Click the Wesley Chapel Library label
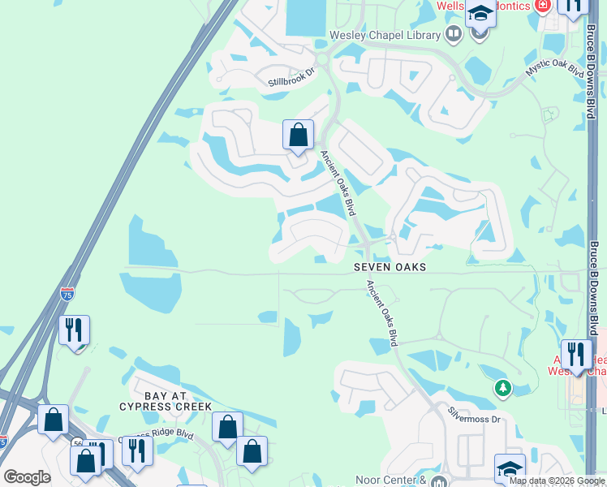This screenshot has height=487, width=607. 385,34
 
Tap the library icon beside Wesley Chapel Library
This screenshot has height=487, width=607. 453,34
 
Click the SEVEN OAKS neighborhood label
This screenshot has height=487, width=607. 390,266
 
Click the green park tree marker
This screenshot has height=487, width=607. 503,388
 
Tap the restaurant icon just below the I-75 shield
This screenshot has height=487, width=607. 74,330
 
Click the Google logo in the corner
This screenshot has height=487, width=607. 27,477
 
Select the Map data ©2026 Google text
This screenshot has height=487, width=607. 557,481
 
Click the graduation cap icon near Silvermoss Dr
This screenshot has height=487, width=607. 510,468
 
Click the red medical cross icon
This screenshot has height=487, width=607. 542,6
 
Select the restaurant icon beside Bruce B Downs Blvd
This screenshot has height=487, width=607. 576,355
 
